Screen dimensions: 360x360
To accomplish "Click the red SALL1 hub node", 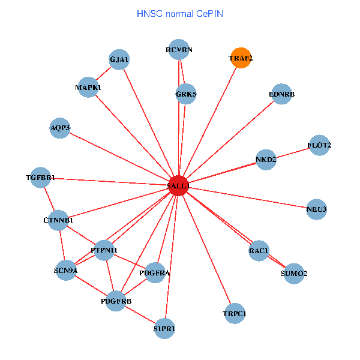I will pos(179,186).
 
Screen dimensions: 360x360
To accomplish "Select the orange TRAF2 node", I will pos(241,58).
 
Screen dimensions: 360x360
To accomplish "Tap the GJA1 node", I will pos(119,59).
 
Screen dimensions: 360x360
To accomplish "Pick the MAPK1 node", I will pos(88,88).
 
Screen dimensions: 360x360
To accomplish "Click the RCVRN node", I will pos(179,50).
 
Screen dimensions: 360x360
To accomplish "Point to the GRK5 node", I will pos(186,94).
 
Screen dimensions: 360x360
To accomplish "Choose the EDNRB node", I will pos(281,94).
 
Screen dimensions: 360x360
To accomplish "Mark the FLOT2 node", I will pos(319,145).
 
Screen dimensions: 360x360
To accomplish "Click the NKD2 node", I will pos(266,160).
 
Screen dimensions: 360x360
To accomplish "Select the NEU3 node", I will pos(316,209).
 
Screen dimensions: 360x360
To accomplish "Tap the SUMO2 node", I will pos(293,274).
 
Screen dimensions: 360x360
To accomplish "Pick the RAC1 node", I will pos(259,250).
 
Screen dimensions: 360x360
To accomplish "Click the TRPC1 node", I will pos(234,313).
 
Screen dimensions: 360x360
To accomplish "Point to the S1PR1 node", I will pos(164,328).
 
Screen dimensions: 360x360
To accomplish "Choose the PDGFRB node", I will pos(116,300).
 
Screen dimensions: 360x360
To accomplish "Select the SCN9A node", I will pos(66,269).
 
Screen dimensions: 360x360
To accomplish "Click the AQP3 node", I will pos(60,128).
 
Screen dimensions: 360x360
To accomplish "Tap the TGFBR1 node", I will pos(40,178).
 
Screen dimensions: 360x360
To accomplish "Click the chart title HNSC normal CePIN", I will pos(180,13).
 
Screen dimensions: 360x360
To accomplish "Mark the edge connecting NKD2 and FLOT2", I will pos(293,152).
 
